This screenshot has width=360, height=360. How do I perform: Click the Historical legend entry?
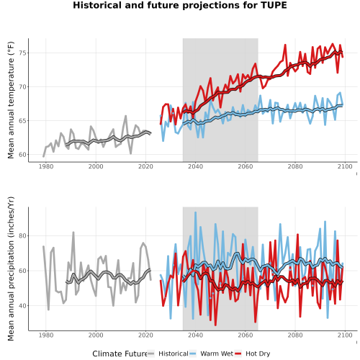pyautogui.click(x=168, y=354)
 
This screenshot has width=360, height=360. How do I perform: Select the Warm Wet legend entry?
pyautogui.click(x=211, y=354)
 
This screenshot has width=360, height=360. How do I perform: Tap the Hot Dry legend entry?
pyautogui.click(x=252, y=354)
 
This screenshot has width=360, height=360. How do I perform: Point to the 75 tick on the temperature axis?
pyautogui.click(x=22, y=53)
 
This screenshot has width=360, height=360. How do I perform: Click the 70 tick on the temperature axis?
pyautogui.click(x=22, y=87)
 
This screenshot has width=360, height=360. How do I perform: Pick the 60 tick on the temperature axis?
pyautogui.click(x=22, y=155)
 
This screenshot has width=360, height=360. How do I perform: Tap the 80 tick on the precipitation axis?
pyautogui.click(x=22, y=236)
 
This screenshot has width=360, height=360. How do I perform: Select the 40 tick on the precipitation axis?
pyautogui.click(x=22, y=306)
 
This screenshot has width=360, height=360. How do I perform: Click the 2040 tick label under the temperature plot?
pyautogui.click(x=195, y=166)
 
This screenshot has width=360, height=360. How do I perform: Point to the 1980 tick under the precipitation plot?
pyautogui.click(x=46, y=335)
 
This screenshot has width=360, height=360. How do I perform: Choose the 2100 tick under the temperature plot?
pyautogui.click(x=345, y=166)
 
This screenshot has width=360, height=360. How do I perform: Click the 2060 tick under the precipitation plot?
pyautogui.click(x=246, y=335)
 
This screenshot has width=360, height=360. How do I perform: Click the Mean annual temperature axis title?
pyautogui.click(x=11, y=100)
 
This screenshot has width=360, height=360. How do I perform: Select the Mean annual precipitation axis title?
pyautogui.click(x=11, y=269)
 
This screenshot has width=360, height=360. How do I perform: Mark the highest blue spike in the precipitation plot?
pyautogui.click(x=195, y=212)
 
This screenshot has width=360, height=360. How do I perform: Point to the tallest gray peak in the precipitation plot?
pyautogui.click(x=73, y=233)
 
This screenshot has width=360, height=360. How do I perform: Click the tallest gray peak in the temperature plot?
pyautogui.click(x=125, y=116)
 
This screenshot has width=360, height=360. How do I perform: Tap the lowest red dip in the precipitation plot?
pyautogui.click(x=215, y=325)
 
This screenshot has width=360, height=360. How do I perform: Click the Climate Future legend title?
pyautogui.click(x=120, y=354)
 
